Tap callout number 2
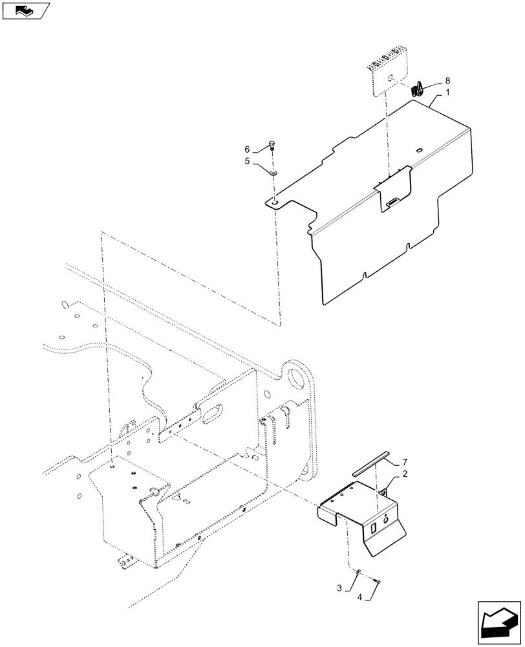point(404,474)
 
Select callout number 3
point(338,587)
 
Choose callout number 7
point(405,462)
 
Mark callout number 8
point(447,81)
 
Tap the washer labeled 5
point(274,173)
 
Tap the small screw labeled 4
point(378,581)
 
